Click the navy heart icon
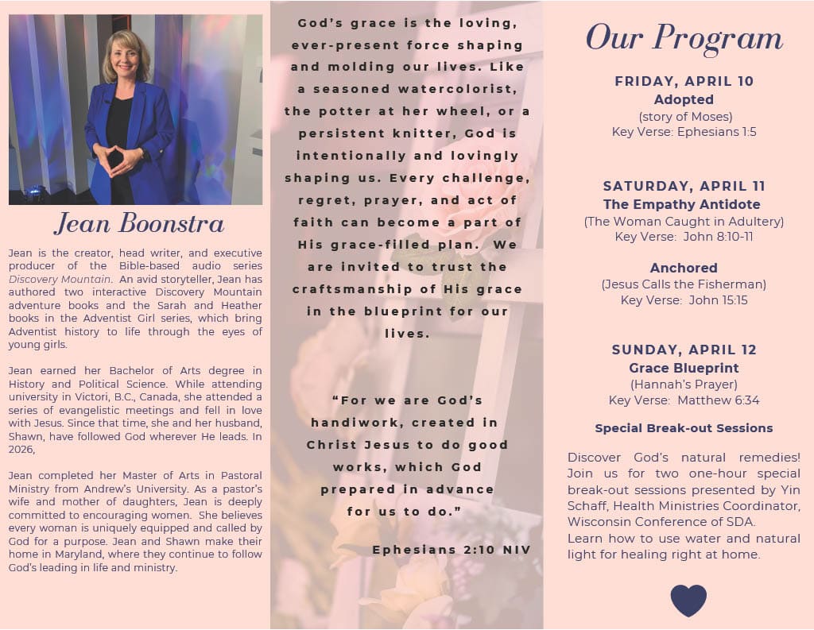coord(688,600)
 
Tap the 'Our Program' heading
coord(684,37)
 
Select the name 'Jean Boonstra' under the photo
coord(138,223)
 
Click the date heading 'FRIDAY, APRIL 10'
coord(684,81)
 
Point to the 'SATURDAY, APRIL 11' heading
coord(684,186)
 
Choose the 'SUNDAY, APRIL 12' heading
coord(684,350)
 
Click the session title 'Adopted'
coord(684,99)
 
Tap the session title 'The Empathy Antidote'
coord(684,204)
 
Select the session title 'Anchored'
coord(684,268)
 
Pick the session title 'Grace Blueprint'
coord(684,368)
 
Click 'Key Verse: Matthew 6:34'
coord(684,400)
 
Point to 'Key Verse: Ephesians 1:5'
coord(684,132)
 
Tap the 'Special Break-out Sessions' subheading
coord(684,428)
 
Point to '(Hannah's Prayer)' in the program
coord(684,385)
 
